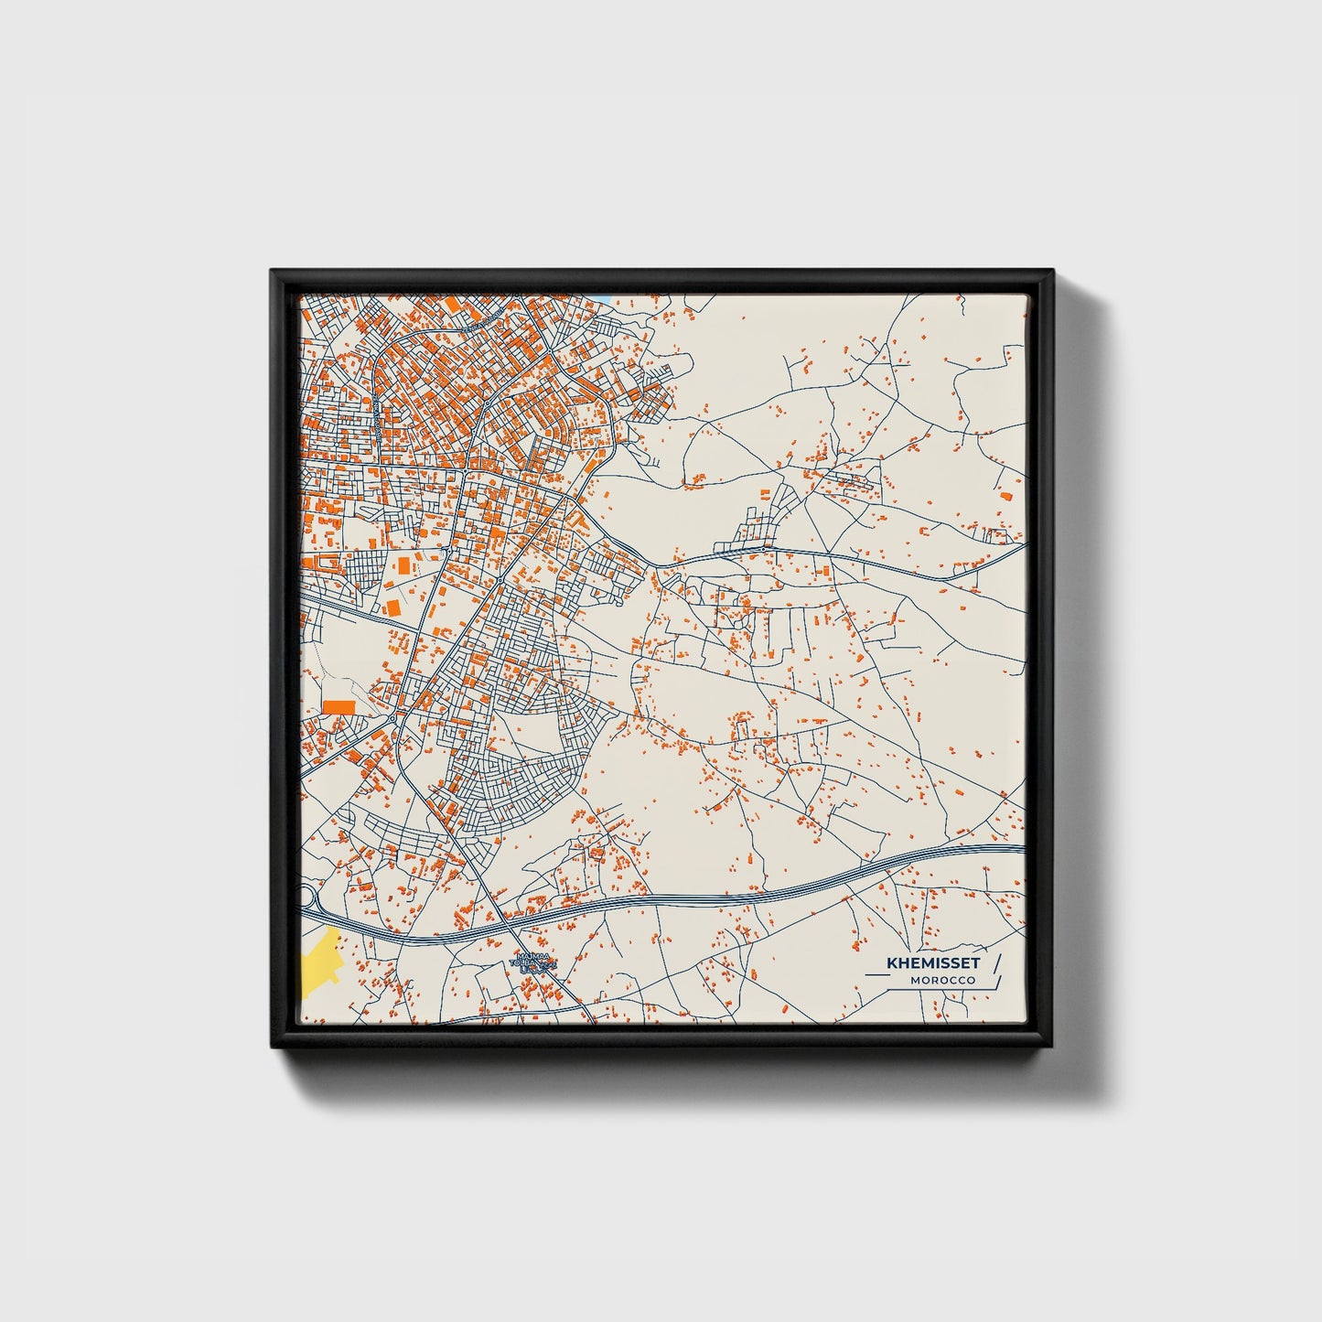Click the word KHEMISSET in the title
tap(932, 963)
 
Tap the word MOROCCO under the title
tap(942, 981)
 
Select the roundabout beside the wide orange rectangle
tap(392, 719)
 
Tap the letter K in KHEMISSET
tap(891, 963)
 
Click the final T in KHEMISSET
tap(975, 963)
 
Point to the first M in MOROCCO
tap(915, 981)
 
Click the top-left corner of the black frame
tap(273, 272)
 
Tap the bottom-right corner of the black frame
tap(1052, 1048)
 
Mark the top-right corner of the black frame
tap(1052, 272)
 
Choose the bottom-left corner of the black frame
tap(273, 1048)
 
